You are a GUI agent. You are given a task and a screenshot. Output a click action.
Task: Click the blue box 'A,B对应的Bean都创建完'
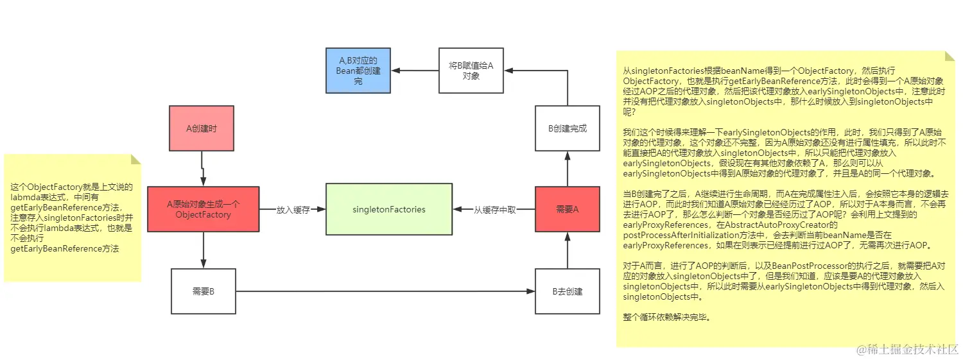[x=358, y=71]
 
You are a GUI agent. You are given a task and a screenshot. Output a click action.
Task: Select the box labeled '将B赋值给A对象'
[x=471, y=71]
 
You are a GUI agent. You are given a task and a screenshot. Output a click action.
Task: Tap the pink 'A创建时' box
[x=202, y=128]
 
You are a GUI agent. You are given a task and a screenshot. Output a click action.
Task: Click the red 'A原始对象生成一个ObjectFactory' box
[x=203, y=209]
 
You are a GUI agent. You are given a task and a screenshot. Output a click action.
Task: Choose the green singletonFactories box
[x=389, y=209]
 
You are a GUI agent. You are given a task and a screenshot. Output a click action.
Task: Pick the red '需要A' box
[x=567, y=209]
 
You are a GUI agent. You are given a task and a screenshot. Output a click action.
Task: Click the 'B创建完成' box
[x=567, y=128]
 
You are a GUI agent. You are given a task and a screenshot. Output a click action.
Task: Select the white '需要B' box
[x=203, y=291]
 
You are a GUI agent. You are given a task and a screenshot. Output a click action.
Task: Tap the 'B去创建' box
[x=567, y=291]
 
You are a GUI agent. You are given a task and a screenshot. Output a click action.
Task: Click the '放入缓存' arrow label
[x=293, y=210]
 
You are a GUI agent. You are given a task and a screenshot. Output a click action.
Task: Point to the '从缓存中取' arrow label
[x=494, y=210]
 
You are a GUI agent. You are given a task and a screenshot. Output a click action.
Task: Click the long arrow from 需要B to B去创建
[x=385, y=291]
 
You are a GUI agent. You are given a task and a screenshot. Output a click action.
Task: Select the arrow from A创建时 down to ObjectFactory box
[x=203, y=168]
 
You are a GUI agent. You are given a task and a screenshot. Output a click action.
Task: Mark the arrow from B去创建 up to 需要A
[x=568, y=250]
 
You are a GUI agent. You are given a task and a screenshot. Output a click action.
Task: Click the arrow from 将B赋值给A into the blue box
[x=415, y=71]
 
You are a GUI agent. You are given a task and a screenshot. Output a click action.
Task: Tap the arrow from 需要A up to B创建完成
[x=568, y=169]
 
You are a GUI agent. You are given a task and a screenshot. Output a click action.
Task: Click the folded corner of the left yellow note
[x=135, y=159]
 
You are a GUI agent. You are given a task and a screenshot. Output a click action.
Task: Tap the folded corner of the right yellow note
[x=949, y=56]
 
